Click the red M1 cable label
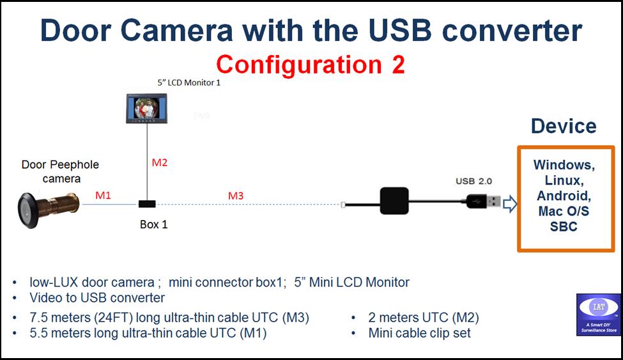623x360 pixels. tap(103, 195)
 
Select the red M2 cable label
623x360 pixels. tap(159, 162)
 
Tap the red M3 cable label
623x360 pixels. tap(236, 196)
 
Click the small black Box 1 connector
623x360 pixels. tap(147, 204)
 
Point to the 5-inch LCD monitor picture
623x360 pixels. tap(146, 108)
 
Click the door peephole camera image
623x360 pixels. tap(48, 209)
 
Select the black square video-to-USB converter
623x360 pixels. tap(394, 201)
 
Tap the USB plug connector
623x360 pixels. tap(483, 201)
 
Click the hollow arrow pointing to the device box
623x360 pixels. tap(510, 204)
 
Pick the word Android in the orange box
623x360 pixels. tap(564, 196)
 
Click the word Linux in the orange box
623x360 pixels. tap(564, 180)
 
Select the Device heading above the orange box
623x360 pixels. tap(564, 126)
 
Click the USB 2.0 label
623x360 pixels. tap(473, 181)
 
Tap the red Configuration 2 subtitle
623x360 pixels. tap(311, 65)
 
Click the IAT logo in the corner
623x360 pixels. tap(598, 315)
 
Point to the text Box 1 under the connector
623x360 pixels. tap(154, 224)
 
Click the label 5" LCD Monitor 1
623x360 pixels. tap(188, 82)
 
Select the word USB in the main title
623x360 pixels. tap(400, 30)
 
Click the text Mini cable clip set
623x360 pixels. tap(419, 333)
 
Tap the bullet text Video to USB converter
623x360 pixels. tap(97, 297)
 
